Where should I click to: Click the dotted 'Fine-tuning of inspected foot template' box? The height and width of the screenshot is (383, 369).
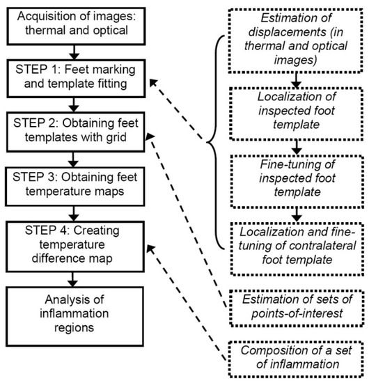coord(298,178)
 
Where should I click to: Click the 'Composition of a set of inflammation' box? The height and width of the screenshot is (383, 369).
coord(298,355)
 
